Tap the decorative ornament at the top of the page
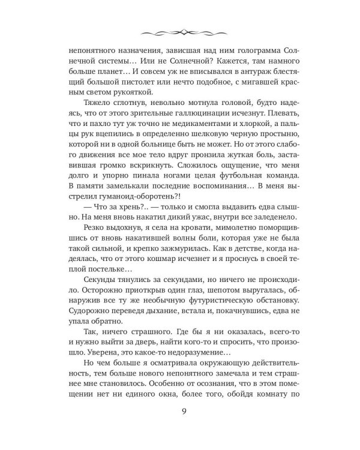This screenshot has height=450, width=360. (180, 29)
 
